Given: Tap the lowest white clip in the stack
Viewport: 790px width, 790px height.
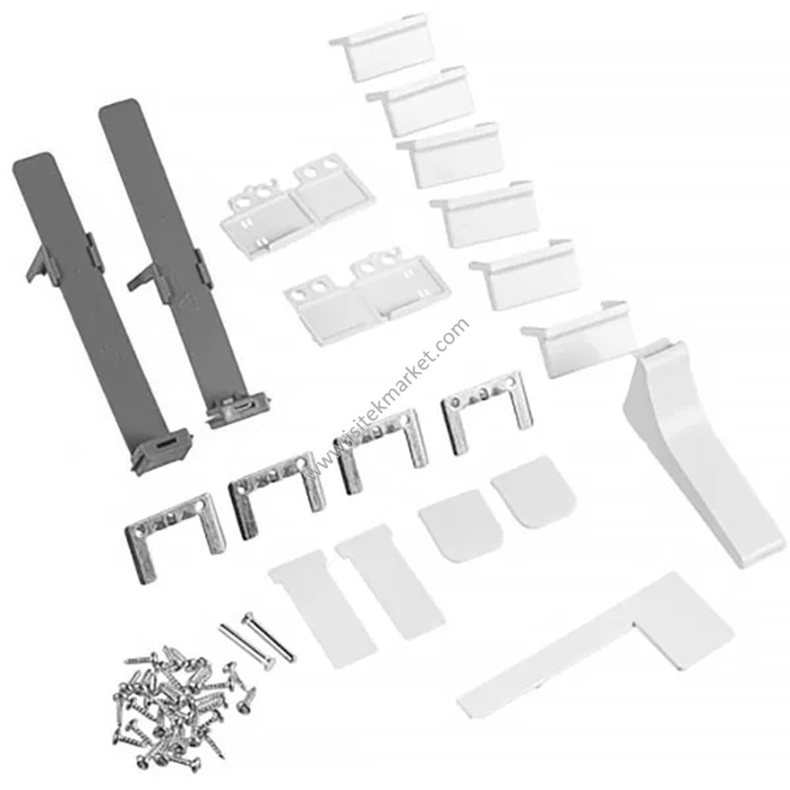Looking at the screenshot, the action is (x=579, y=343).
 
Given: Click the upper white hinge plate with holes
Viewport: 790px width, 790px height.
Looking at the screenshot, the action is (x=297, y=201).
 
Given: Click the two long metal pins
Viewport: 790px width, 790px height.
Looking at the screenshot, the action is (x=257, y=638).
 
